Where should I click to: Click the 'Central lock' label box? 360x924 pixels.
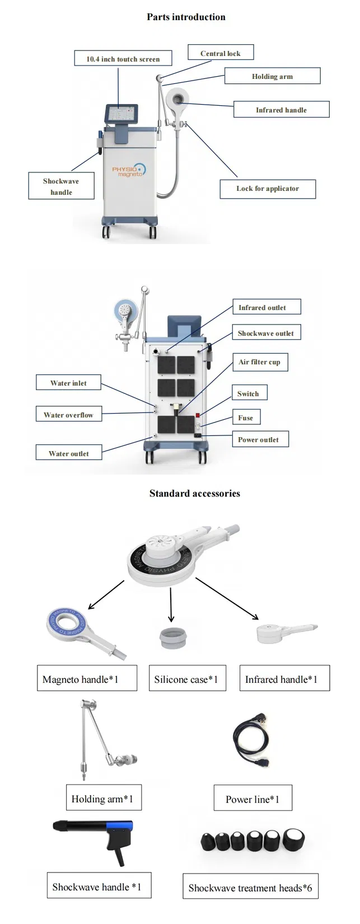click(220, 53)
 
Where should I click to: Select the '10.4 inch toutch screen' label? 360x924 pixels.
click(123, 59)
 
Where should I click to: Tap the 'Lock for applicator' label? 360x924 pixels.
click(267, 189)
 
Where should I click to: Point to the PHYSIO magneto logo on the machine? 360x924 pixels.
click(128, 170)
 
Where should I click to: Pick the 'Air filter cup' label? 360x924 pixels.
click(259, 362)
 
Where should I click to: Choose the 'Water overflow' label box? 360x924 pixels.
click(68, 415)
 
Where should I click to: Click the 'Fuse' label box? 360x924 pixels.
click(245, 418)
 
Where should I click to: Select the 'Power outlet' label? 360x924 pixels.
click(258, 439)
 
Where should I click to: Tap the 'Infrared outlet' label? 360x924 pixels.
click(262, 307)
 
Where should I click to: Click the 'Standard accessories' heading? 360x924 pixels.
click(194, 493)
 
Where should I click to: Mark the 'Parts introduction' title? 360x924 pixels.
click(186, 17)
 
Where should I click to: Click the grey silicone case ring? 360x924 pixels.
click(171, 637)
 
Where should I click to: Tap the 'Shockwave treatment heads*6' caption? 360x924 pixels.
click(250, 888)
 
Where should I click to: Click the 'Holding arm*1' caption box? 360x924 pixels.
click(102, 799)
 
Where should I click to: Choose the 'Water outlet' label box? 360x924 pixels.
click(68, 453)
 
